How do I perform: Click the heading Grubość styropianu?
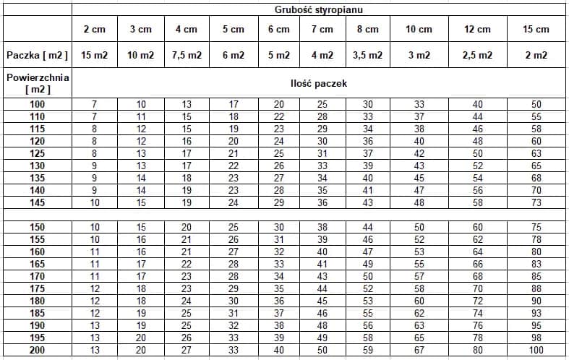(x=318, y=9)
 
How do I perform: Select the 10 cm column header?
(x=419, y=30)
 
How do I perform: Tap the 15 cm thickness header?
(x=536, y=30)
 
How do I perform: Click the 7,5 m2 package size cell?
(x=186, y=55)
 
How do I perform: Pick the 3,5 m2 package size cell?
(x=367, y=55)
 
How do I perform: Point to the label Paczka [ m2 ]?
(x=37, y=55)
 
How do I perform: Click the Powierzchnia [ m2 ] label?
(x=37, y=83)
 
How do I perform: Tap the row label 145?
(x=37, y=202)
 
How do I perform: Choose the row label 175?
(x=37, y=288)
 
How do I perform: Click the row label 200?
(x=37, y=351)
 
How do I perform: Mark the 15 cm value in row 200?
(x=536, y=351)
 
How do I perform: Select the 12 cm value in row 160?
(x=477, y=252)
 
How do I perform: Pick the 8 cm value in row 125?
(x=367, y=153)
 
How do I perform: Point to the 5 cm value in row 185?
(x=233, y=313)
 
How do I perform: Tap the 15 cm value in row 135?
(x=536, y=178)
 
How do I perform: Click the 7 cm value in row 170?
(x=322, y=276)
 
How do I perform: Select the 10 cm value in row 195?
(x=419, y=338)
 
